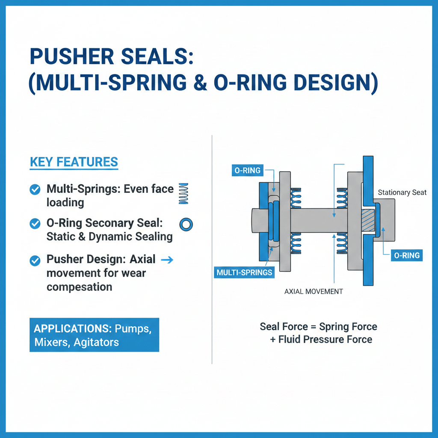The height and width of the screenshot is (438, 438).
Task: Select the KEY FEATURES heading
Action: pyautogui.click(x=74, y=162)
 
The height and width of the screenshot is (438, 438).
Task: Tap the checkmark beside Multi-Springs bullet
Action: pyautogui.click(x=35, y=189)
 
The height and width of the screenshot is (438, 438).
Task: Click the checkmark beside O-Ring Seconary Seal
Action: pyautogui.click(x=35, y=224)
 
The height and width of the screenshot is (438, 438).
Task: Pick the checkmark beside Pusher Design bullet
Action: pyautogui.click(x=35, y=260)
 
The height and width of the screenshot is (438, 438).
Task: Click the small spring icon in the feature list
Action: pyautogui.click(x=183, y=194)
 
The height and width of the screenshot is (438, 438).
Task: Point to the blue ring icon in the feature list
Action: pyautogui.click(x=186, y=224)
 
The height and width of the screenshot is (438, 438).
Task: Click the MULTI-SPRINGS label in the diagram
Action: pyautogui.click(x=245, y=272)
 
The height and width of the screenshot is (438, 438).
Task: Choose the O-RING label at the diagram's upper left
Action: pyautogui.click(x=247, y=170)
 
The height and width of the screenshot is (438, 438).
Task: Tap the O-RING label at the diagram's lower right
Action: pyautogui.click(x=406, y=256)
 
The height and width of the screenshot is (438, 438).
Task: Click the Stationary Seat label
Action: pyautogui.click(x=402, y=192)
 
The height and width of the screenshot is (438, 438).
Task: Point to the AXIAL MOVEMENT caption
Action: pyautogui.click(x=314, y=291)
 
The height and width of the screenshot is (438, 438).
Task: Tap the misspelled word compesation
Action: pyautogui.click(x=80, y=286)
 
